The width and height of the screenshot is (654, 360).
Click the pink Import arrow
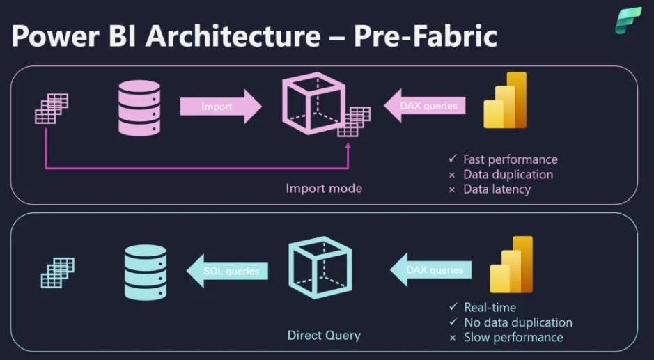click(x=219, y=107)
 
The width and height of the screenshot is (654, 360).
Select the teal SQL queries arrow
click(x=228, y=271)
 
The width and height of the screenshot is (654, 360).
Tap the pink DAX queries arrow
click(x=425, y=106)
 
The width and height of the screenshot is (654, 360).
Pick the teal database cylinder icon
click(x=145, y=271)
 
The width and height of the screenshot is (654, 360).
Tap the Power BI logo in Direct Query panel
click(x=511, y=265)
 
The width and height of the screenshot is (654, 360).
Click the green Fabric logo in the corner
click(x=628, y=20)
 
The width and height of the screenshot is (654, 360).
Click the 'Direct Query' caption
click(x=324, y=336)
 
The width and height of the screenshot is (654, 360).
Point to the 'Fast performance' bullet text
click(x=511, y=159)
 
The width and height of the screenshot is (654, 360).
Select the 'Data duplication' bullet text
click(x=508, y=174)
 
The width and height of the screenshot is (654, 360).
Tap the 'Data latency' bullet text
click(x=497, y=189)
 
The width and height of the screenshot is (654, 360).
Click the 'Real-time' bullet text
click(x=490, y=307)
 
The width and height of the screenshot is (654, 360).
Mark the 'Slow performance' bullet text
click(x=513, y=337)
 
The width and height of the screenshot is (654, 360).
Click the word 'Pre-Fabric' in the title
click(x=426, y=36)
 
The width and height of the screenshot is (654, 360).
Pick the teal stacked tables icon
click(x=57, y=272)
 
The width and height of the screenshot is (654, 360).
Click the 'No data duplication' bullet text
click(x=518, y=322)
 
